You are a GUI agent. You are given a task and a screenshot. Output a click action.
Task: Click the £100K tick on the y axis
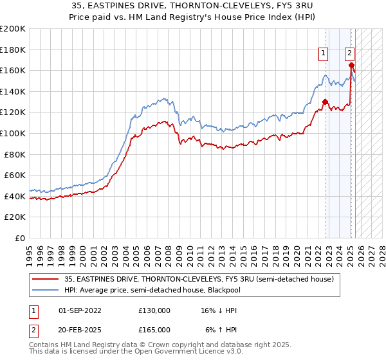pos(13,133)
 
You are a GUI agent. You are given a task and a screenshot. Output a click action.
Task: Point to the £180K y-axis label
pos(13,50)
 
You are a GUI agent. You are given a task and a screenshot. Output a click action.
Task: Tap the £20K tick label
pos(15,217)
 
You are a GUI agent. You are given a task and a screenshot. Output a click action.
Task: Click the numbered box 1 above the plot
pos(322,54)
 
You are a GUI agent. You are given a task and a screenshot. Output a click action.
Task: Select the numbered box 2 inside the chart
pos(349,54)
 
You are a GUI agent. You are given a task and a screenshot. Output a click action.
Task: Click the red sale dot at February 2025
pos(351,65)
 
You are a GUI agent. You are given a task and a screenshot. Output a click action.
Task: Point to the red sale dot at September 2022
pos(325,102)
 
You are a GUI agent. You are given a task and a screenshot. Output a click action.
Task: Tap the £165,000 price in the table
pos(154,329)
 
